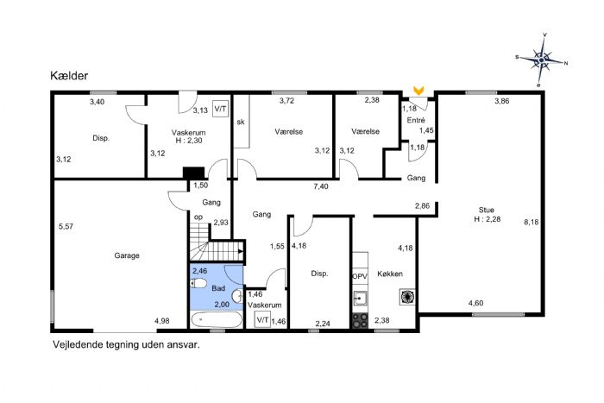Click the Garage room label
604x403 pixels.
click(x=127, y=255)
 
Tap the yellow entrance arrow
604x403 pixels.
click(x=418, y=91)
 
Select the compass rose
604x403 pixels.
click(x=542, y=60)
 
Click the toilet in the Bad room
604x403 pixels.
click(x=198, y=284)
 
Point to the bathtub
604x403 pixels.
click(x=217, y=320)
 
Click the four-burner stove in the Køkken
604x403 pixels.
click(x=360, y=320)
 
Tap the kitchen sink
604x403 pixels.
click(x=360, y=298)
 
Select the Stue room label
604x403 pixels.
click(x=486, y=210)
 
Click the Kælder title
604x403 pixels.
click(x=69, y=76)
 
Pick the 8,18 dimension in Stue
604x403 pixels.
click(x=532, y=222)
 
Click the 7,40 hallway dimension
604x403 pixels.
click(x=321, y=186)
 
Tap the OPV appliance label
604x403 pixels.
click(x=360, y=276)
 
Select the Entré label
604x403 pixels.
click(x=416, y=120)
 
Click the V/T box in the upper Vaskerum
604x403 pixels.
click(x=220, y=109)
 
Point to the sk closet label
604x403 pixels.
click(x=241, y=123)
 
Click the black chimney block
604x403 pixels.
click(x=193, y=173)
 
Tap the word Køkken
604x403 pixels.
click(x=390, y=274)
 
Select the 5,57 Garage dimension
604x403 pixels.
click(x=66, y=227)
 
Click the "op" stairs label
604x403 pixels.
click(x=198, y=217)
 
